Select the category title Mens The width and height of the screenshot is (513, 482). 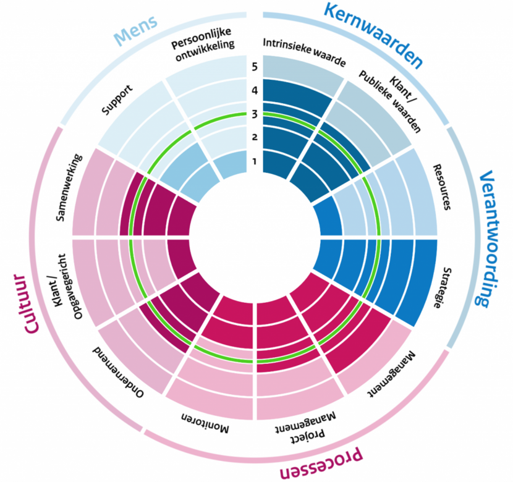[136, 30]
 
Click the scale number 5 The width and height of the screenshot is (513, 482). [255, 67]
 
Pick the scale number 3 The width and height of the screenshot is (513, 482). [255, 114]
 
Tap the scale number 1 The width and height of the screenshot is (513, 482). [255, 161]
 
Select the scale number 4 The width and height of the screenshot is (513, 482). [255, 90]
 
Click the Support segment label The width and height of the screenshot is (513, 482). [117, 99]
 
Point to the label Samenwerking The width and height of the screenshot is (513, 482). [69, 187]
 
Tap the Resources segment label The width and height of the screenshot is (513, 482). [442, 187]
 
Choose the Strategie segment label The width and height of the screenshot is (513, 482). [443, 287]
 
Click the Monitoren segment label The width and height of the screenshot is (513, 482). [205, 424]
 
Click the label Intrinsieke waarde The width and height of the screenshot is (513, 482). [304, 52]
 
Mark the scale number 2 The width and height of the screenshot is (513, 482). [255, 137]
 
